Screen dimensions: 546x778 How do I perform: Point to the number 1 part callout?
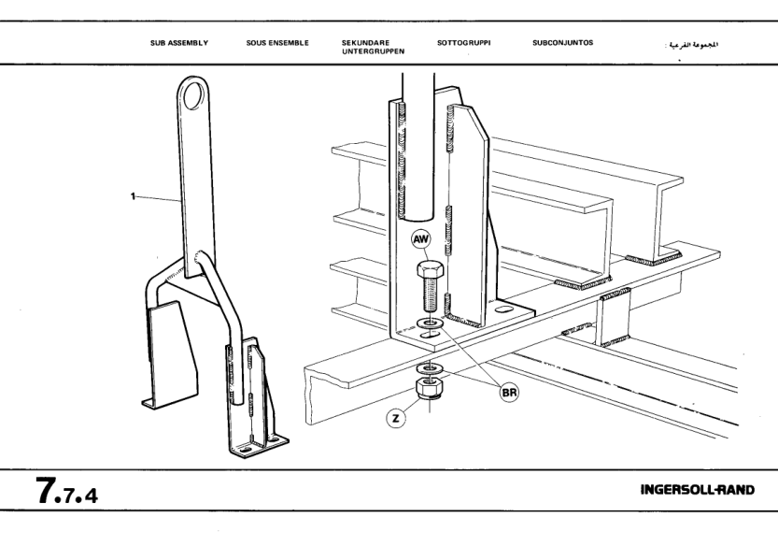[x=134, y=196]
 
